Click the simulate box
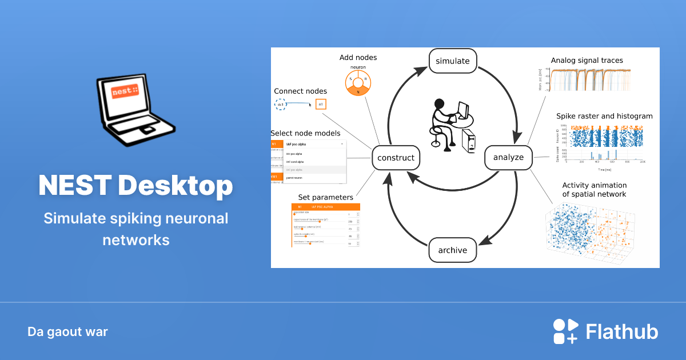pos(452,61)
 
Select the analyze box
pos(508,157)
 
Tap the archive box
pos(453,250)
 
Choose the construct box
pos(396,157)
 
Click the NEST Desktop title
pos(135,185)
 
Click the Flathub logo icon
pos(565,332)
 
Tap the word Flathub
pos(622,332)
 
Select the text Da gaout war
pos(67,332)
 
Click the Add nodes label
pos(358,58)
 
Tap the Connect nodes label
pos(300,91)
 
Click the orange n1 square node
pos(321,105)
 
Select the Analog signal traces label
pos(587,60)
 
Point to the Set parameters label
pos(325,198)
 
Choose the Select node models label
pos(305,133)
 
